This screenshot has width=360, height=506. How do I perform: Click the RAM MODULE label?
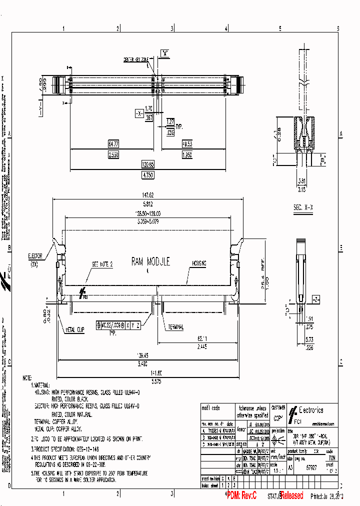click(150, 261)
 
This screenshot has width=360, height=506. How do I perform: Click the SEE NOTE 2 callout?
click(102, 263)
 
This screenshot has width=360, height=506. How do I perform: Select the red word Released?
click(292, 496)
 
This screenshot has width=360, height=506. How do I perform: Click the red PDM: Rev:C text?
click(241, 496)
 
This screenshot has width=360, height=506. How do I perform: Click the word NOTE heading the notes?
click(29, 378)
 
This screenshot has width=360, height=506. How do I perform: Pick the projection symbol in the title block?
click(278, 436)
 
